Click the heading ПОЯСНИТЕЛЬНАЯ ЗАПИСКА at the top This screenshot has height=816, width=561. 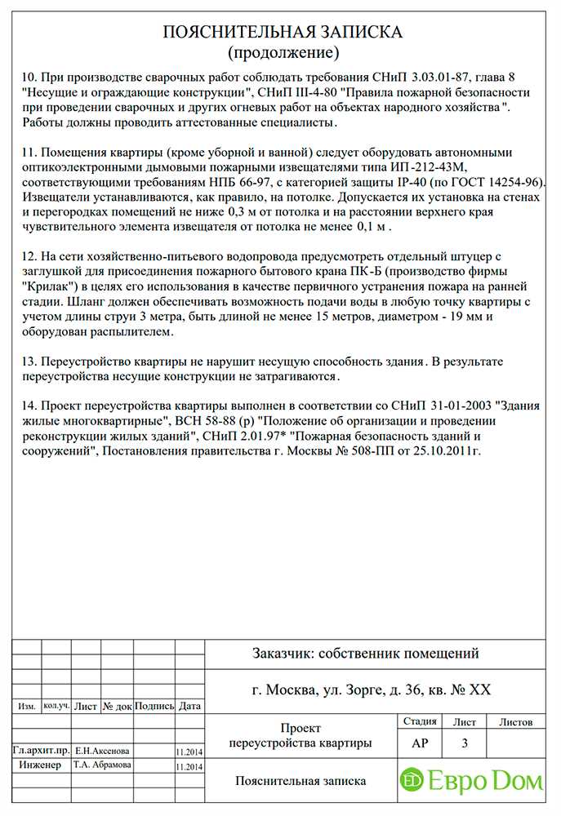283,32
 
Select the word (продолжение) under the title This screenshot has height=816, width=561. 283,54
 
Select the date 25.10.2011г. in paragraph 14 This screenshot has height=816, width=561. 447,450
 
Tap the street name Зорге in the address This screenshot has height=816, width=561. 360,690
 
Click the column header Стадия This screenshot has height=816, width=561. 419,722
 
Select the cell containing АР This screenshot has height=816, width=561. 419,743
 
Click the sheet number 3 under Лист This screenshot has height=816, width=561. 465,743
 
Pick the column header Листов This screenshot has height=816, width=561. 515,722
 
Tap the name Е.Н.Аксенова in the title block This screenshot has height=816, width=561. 101,750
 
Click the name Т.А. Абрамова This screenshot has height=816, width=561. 102,765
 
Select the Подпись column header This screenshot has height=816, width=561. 154,707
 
